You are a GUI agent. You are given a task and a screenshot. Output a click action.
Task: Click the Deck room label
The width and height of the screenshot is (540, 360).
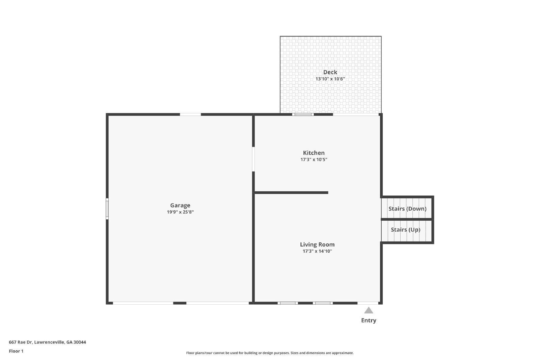point(330,72)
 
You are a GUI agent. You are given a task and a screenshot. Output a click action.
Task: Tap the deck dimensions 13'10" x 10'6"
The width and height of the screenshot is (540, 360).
point(330,79)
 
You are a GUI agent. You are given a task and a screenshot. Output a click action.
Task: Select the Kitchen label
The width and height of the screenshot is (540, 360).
point(314,153)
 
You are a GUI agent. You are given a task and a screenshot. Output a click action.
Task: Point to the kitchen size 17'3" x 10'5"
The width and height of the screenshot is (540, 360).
point(314,160)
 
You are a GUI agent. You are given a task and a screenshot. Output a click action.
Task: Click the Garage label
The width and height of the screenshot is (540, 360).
point(180,205)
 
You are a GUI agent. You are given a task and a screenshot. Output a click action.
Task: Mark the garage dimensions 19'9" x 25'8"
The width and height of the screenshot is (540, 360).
point(180,212)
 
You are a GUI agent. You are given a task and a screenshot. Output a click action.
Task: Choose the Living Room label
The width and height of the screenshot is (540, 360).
point(317,245)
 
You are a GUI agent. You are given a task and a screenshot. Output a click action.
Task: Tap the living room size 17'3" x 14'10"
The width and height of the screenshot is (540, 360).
point(317,251)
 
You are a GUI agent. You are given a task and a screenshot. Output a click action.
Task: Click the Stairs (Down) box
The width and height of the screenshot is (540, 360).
point(407,209)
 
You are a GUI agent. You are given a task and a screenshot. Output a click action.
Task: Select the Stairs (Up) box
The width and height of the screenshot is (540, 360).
point(405,230)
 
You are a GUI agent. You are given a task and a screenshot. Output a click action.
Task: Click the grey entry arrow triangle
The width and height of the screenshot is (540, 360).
point(369,310)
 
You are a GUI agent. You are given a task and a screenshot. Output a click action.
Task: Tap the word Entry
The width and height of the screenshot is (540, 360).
point(369,321)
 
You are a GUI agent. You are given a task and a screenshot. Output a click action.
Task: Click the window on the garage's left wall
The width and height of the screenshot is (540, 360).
point(107,209)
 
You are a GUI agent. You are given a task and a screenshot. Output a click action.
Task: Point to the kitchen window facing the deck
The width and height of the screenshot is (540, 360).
point(303,114)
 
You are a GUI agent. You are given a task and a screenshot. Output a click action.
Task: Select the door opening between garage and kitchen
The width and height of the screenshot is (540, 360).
point(253,159)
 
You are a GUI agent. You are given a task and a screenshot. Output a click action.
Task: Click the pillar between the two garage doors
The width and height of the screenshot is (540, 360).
point(180,303)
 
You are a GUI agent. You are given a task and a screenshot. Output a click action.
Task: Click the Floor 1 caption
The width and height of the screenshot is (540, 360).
point(16,351)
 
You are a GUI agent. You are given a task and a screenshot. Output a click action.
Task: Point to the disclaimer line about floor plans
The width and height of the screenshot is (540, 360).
point(270,353)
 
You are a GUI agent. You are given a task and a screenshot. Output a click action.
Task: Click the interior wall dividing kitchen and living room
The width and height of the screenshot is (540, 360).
point(291,193)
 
